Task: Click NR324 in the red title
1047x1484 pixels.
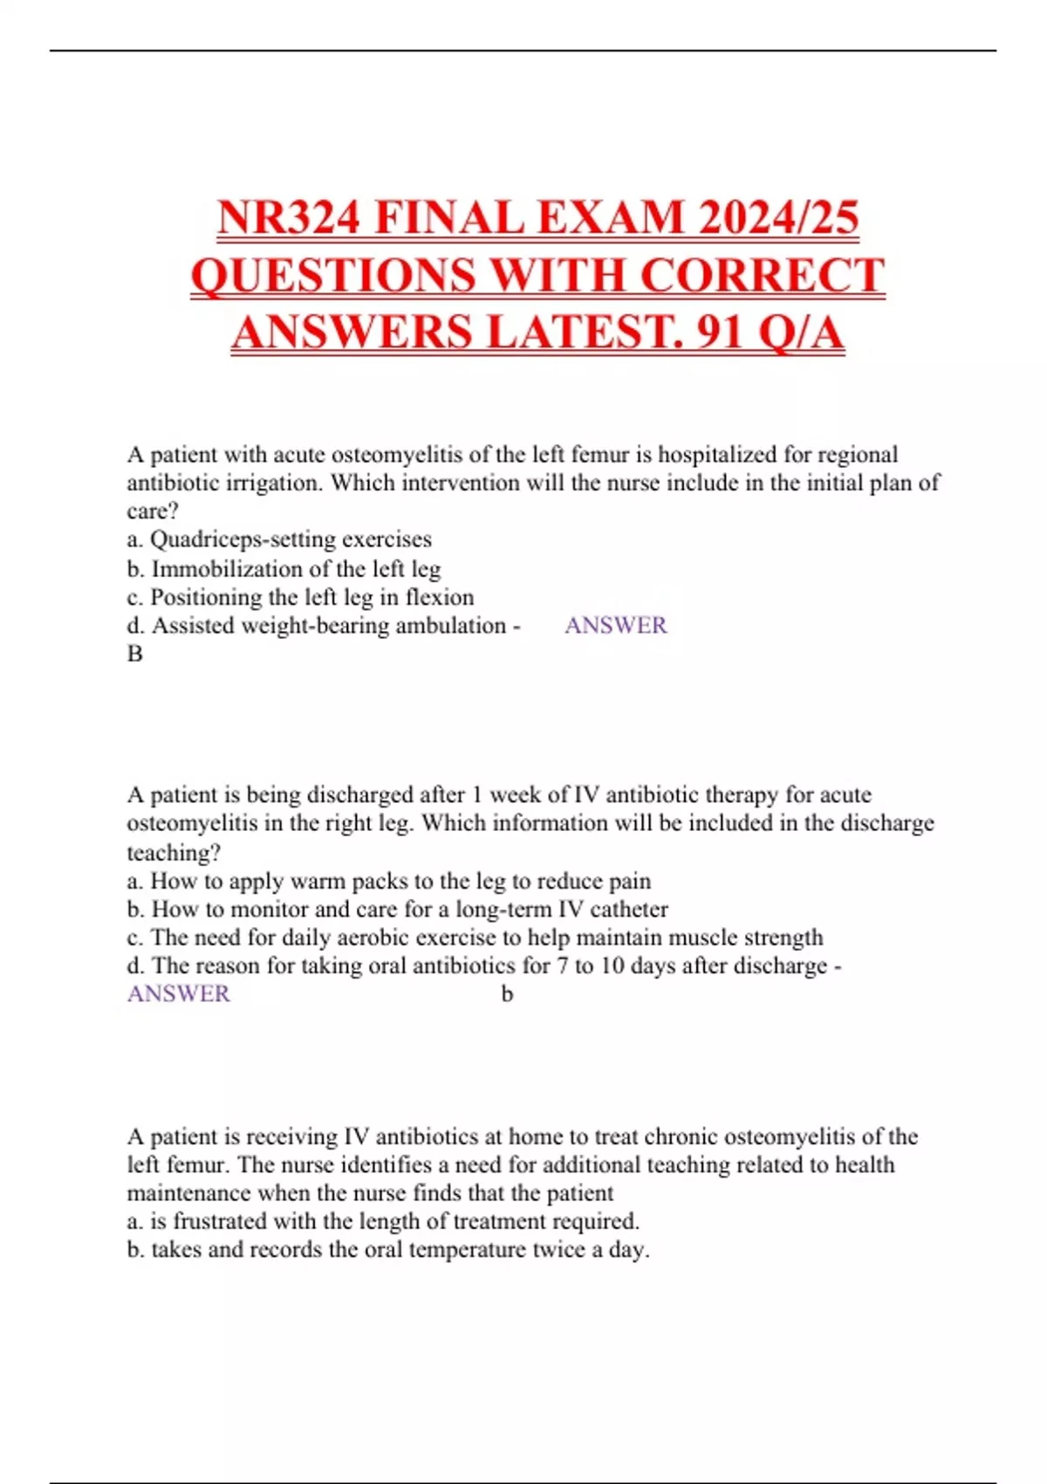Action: pos(289,217)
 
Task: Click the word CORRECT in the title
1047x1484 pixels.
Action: pos(763,275)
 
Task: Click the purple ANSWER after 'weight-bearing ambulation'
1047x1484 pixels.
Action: pos(615,625)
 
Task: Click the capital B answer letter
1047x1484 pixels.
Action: pos(135,654)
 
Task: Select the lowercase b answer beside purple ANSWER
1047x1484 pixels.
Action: pos(507,994)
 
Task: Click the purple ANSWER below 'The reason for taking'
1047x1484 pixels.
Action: pos(179,994)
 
